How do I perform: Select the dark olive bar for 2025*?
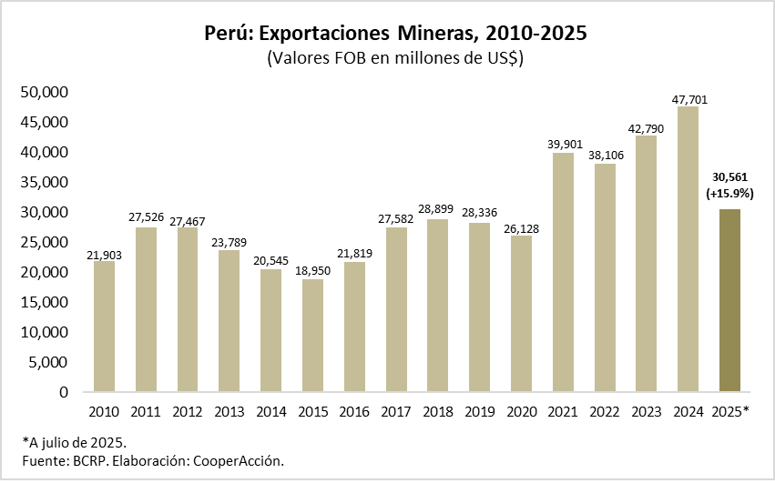(729, 300)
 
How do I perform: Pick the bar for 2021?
(563, 272)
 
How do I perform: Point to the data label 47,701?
(688, 99)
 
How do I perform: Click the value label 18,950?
(312, 271)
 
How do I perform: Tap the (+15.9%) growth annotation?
(729, 193)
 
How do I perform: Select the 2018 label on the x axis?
(437, 411)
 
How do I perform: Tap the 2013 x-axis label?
(229, 411)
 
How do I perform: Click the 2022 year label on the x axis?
(605, 411)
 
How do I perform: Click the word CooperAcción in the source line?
(241, 460)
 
